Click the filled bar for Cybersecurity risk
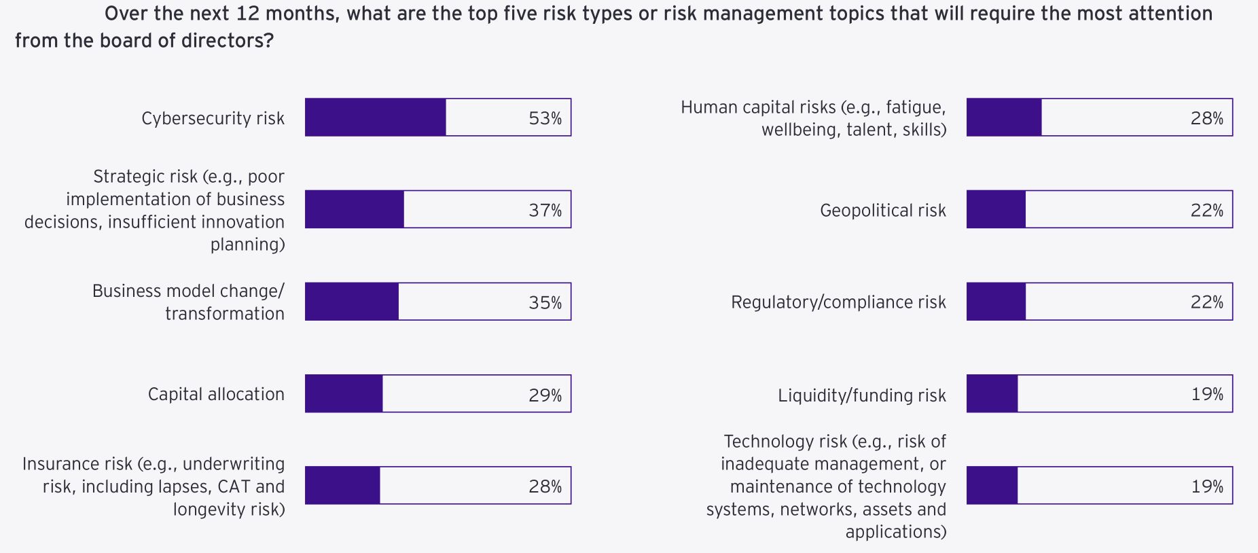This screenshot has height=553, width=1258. [x=376, y=118]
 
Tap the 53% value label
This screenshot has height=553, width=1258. [x=545, y=118]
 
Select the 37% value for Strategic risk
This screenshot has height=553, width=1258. [x=545, y=211]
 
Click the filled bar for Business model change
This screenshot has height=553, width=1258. [x=352, y=302]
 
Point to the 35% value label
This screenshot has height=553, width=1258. [x=545, y=302]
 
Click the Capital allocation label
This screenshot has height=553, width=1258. [x=216, y=394]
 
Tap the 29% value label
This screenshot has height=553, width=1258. [x=545, y=395]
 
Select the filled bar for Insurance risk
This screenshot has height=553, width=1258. [x=342, y=485]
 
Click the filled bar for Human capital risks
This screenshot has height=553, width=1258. [x=1004, y=118]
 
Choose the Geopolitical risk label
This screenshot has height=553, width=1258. [x=882, y=211]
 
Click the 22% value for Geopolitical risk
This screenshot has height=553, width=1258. [x=1206, y=211]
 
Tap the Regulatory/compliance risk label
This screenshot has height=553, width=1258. [x=838, y=302]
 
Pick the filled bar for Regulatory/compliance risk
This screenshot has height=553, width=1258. [x=996, y=302]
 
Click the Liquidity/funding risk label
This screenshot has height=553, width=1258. [x=861, y=395]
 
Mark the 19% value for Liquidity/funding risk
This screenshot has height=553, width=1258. [x=1206, y=394]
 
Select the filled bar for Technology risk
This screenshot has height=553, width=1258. [x=992, y=485]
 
